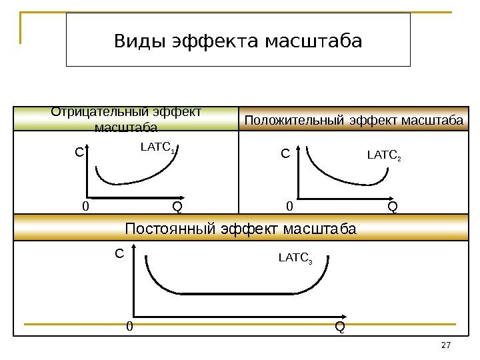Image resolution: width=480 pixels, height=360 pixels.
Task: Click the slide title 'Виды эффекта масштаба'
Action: tap(238, 42)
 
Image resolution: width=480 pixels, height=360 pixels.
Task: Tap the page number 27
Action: tap(447, 345)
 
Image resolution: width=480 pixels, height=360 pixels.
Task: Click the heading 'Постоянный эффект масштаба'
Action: tap(241, 230)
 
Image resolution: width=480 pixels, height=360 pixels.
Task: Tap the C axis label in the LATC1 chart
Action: tap(79, 153)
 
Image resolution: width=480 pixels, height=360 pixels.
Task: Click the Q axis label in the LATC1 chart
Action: tap(177, 207)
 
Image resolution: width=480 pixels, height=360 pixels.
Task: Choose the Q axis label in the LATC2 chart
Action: tap(392, 207)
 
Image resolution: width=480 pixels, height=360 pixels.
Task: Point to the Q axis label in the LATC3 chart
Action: tap(340, 327)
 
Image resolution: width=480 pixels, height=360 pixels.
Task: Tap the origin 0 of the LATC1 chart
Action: tap(85, 207)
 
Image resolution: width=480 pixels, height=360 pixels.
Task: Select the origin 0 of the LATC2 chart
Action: tap(289, 207)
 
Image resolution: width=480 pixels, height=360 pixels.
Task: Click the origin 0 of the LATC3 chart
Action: tap(130, 327)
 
